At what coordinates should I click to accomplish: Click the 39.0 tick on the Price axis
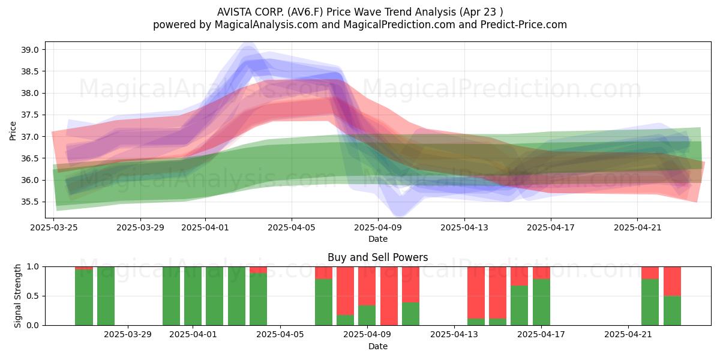[x=29, y=50]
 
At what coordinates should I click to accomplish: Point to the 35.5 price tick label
[x=29, y=202]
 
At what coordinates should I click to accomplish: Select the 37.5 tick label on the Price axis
[x=29, y=115]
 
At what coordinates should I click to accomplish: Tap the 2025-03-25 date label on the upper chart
[x=53, y=227]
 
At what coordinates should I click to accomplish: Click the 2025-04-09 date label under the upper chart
[x=378, y=227]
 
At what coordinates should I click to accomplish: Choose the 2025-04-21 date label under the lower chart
[x=628, y=335]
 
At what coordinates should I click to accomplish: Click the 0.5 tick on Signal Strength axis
[x=33, y=296]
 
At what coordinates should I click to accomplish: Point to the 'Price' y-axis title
[x=13, y=131]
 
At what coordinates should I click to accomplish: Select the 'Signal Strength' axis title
[x=17, y=296]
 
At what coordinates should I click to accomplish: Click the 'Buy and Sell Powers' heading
[x=377, y=257]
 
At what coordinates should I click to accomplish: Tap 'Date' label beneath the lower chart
[x=378, y=346]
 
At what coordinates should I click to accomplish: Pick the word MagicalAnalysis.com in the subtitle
[x=266, y=25]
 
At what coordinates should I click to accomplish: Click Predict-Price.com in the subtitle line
[x=524, y=25]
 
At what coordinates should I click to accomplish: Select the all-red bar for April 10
[x=389, y=296]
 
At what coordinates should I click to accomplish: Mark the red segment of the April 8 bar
[x=345, y=291]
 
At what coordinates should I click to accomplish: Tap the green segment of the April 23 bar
[x=672, y=311]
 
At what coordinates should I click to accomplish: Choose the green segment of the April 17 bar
[x=541, y=302]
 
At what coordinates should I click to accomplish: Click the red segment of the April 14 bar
[x=476, y=293]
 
